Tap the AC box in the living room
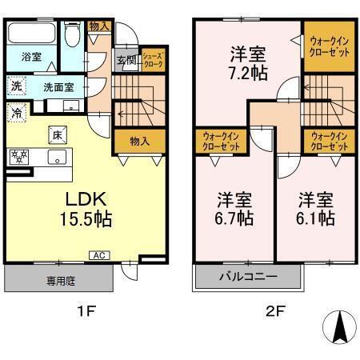[98, 256]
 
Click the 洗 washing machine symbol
[16, 86]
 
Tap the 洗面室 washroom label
[58, 87]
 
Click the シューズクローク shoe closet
[153, 61]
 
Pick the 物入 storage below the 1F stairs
[139, 141]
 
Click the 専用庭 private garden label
[59, 280]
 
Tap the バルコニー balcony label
[247, 278]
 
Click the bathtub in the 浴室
[31, 35]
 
